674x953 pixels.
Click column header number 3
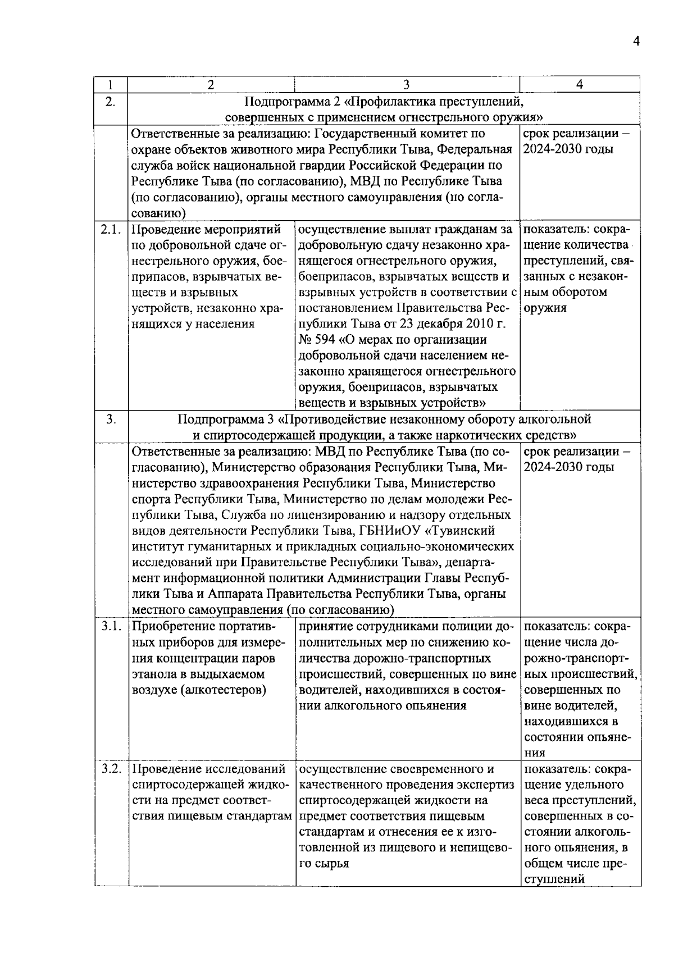tap(406, 85)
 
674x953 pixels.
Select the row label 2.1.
tap(111, 229)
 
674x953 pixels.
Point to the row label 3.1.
tap(111, 626)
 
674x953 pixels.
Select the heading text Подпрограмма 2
tap(292, 102)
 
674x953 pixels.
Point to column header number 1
tap(111, 85)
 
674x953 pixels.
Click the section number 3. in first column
tap(111, 419)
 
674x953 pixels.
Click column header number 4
tap(579, 85)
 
